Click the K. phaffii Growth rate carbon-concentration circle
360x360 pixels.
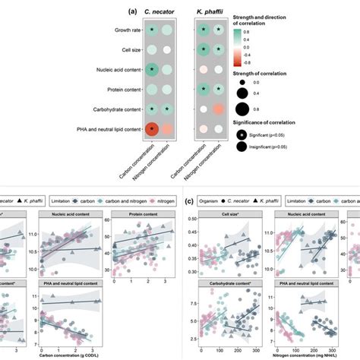coord(204,31)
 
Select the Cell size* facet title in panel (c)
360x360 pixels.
coord(226,215)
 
